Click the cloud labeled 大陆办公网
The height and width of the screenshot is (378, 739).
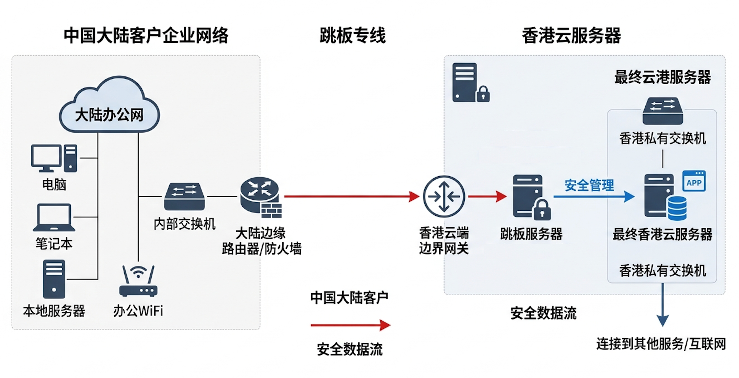[x=109, y=107]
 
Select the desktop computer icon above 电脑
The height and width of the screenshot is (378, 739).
[x=53, y=158]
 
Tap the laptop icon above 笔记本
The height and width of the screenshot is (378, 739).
[x=54, y=218]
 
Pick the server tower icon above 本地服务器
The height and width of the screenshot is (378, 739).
[x=54, y=279]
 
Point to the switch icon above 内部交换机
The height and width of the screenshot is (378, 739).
[x=184, y=196]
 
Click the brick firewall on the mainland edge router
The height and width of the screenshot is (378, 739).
[x=271, y=211]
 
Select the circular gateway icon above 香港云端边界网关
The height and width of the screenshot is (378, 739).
[x=444, y=196]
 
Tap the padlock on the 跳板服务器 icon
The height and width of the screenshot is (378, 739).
[x=542, y=211]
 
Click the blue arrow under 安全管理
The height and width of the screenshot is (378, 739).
[x=594, y=196]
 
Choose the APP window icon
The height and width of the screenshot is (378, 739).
[x=694, y=181]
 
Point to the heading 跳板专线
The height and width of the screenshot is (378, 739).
[x=352, y=35]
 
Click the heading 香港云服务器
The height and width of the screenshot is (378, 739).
[x=571, y=35]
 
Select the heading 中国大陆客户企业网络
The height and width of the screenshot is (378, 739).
[x=146, y=35]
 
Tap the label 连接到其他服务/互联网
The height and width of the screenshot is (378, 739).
[x=661, y=344]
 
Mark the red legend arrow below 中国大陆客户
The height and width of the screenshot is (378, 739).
[x=350, y=325]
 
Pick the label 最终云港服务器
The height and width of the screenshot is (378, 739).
[x=662, y=77]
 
